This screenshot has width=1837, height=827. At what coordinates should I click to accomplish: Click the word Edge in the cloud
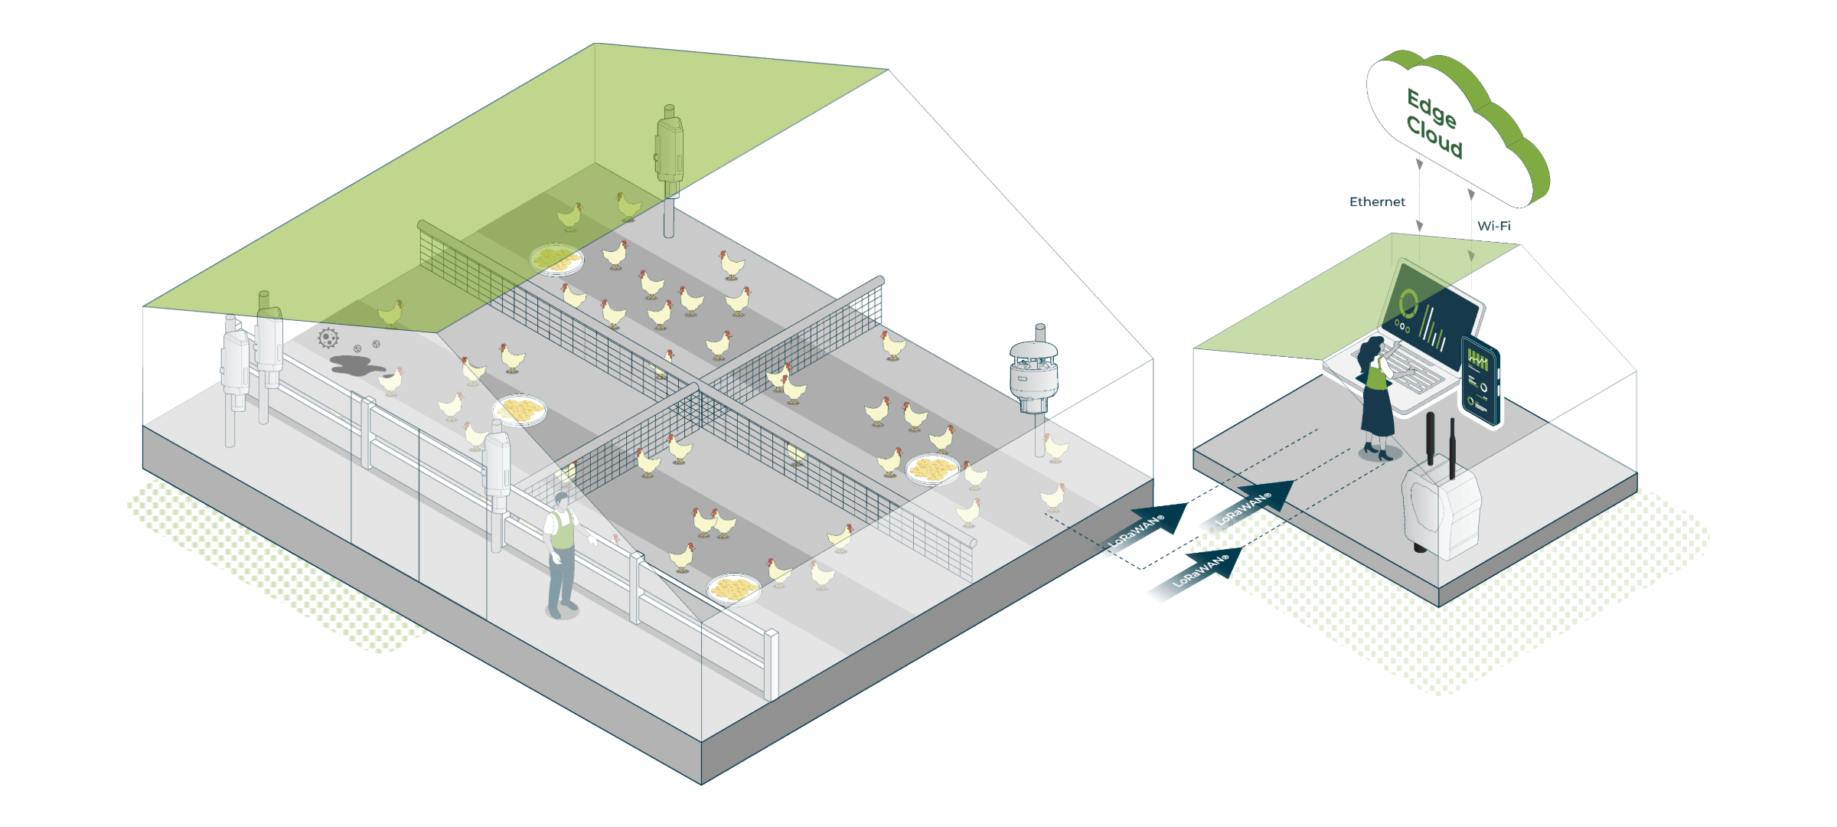coord(1431,108)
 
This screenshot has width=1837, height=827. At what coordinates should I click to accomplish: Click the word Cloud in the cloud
coord(1434,138)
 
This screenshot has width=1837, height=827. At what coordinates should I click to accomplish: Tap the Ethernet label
coord(1377,201)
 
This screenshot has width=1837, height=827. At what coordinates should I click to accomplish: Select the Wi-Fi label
coord(1493,226)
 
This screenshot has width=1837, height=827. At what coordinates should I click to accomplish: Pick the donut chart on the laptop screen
coord(1408,302)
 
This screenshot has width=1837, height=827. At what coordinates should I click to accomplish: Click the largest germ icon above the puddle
coord(328,338)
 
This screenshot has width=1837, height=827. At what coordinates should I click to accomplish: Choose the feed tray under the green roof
coord(556,259)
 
